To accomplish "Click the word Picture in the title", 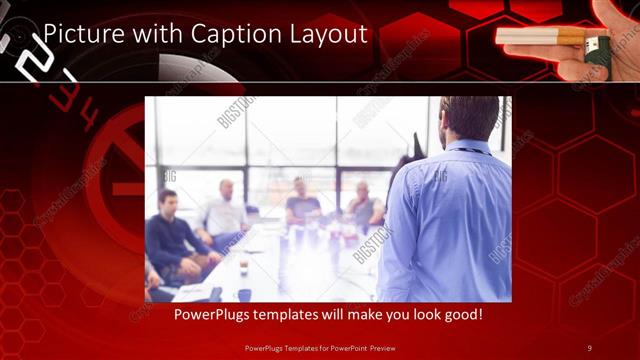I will point(82,34).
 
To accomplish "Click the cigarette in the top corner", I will point(541,38).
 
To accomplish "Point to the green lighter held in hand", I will point(598,49).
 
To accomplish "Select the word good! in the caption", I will point(462,314).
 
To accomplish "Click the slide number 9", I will point(589,348).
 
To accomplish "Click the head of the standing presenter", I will point(468,118).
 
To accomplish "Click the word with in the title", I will point(149,34).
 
